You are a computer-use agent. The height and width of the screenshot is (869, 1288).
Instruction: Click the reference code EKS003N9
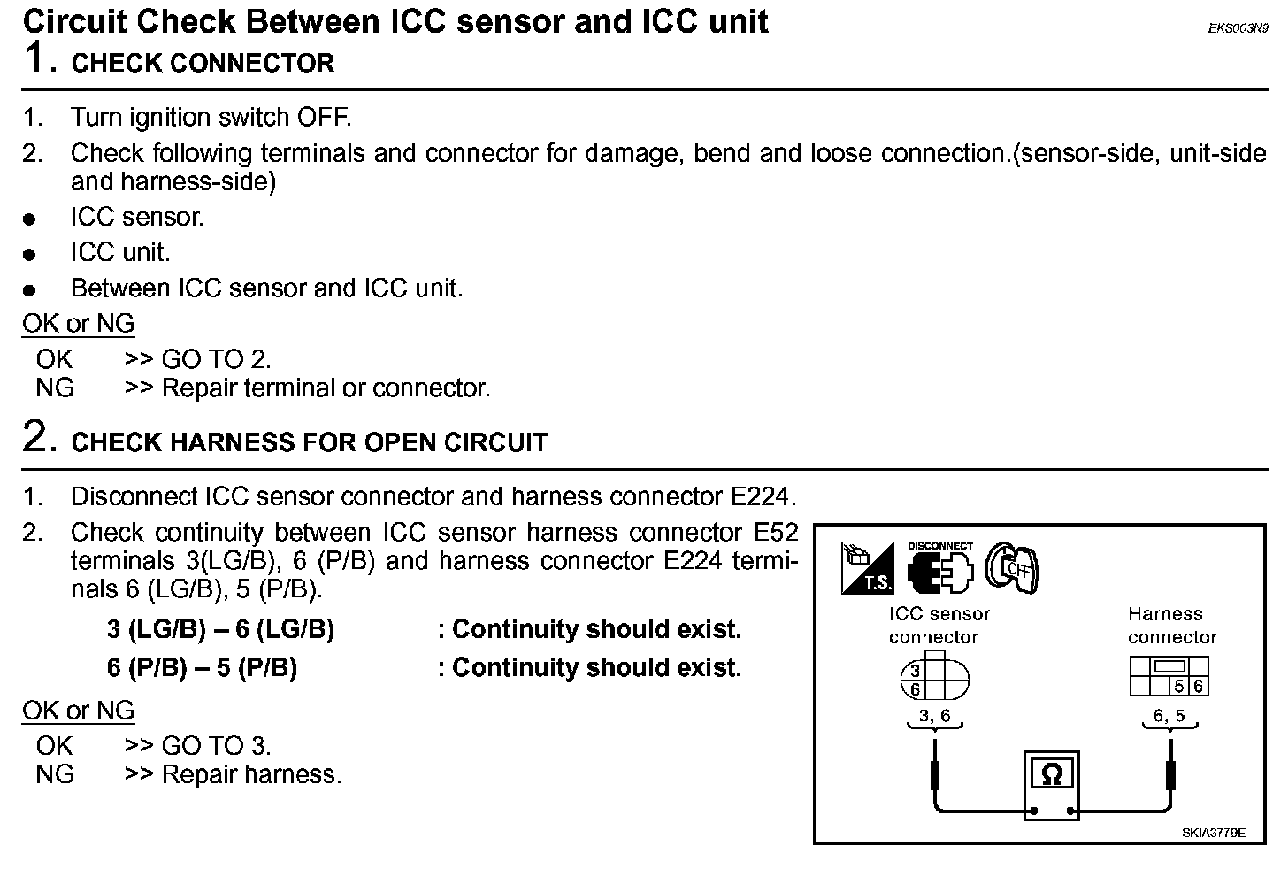pyautogui.click(x=1238, y=28)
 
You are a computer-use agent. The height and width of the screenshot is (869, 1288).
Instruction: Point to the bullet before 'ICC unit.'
pyautogui.click(x=30, y=255)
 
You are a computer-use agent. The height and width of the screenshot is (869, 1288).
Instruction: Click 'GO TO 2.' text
pyautogui.click(x=216, y=359)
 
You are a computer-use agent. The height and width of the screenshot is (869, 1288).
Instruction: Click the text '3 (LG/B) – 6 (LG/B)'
pyautogui.click(x=220, y=630)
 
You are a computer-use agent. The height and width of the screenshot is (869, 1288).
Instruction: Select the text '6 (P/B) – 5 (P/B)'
pyautogui.click(x=202, y=667)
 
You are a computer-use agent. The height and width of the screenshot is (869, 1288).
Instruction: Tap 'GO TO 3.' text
pyautogui.click(x=216, y=746)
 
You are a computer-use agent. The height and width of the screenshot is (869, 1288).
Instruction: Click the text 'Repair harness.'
pyautogui.click(x=251, y=774)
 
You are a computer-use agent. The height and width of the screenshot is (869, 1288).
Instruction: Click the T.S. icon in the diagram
pyautogui.click(x=867, y=568)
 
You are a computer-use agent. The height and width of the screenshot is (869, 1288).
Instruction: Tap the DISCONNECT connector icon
pyautogui.click(x=939, y=568)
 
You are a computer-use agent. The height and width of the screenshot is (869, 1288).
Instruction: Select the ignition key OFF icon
pyautogui.click(x=1012, y=568)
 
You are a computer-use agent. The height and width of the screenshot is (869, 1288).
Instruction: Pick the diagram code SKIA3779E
pyautogui.click(x=1213, y=833)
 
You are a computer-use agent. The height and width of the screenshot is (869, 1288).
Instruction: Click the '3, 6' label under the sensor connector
pyautogui.click(x=934, y=716)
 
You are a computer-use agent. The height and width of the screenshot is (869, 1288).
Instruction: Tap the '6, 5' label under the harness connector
pyautogui.click(x=1169, y=716)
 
